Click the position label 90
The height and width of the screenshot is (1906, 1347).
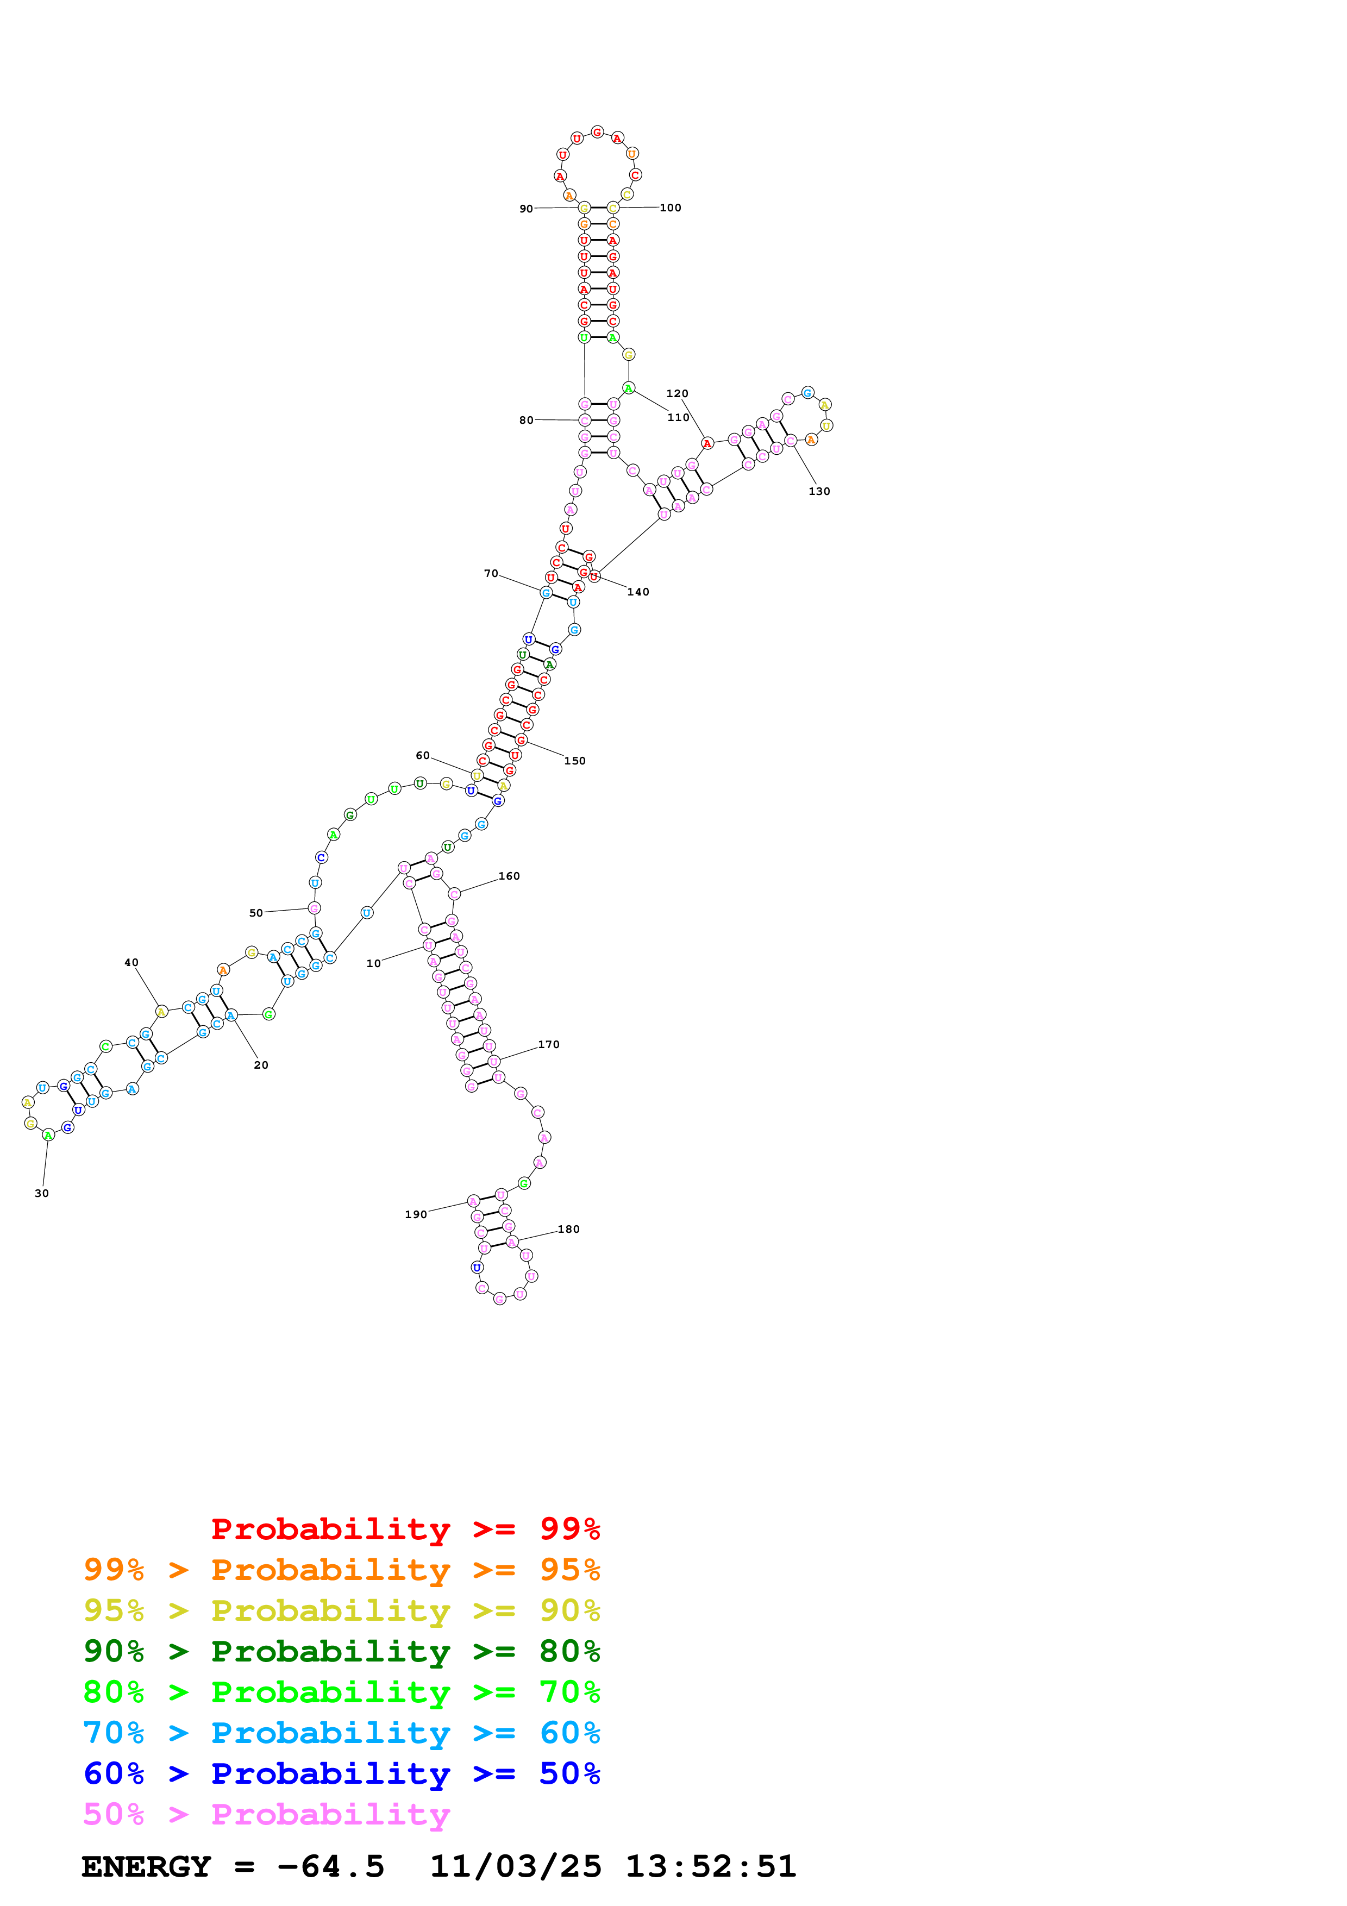526,209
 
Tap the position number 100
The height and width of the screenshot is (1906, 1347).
670,208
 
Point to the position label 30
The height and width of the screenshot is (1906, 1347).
41,1194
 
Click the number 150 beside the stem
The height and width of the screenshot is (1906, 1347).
574,761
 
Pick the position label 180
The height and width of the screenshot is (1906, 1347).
568,1230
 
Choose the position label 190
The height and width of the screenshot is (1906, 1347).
416,1214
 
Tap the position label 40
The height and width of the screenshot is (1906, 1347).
131,963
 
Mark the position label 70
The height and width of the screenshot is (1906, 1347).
491,574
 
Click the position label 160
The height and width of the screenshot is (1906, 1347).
509,876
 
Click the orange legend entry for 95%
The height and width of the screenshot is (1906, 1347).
341,1570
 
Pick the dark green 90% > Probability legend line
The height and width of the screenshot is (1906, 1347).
341,1651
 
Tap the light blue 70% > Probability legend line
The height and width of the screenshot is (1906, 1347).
341,1733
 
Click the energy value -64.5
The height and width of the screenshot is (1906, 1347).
330,1867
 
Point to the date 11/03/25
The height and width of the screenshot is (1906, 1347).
516,1867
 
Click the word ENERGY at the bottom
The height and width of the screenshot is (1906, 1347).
146,1867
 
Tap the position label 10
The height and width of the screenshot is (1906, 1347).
373,964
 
